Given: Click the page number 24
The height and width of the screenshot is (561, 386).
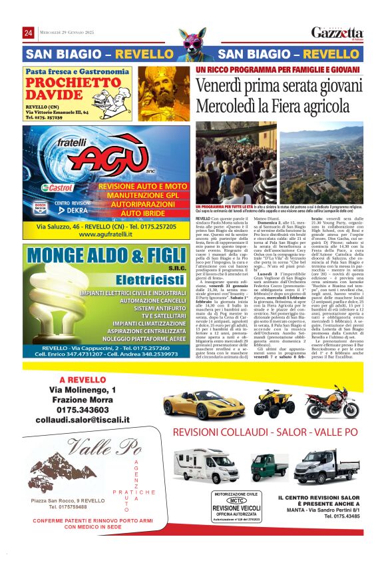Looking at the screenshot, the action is [x=29, y=33].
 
